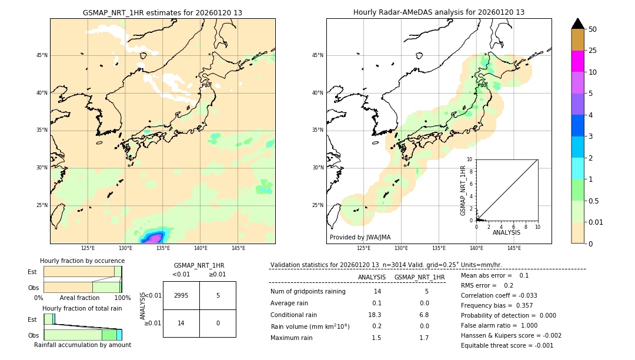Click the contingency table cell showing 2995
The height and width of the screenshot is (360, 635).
click(181, 295)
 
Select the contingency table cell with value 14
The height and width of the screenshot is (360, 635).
click(181, 323)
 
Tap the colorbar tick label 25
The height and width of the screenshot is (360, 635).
click(593, 51)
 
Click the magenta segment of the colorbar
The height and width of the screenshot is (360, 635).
click(577, 61)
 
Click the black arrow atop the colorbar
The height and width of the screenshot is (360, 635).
click(577, 24)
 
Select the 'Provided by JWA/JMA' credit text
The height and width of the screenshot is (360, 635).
click(360, 237)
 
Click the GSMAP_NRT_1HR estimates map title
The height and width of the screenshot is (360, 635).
click(162, 12)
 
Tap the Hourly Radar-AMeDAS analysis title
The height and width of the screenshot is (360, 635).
click(439, 12)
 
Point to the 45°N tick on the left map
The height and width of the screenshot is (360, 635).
click(42, 55)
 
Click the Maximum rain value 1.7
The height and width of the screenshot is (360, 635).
click(423, 338)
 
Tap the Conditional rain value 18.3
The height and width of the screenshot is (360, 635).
click(375, 315)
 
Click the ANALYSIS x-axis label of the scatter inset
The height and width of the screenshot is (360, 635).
click(506, 232)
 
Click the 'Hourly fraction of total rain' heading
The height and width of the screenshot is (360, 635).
click(82, 308)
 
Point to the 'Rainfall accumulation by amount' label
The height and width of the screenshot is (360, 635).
click(82, 345)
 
